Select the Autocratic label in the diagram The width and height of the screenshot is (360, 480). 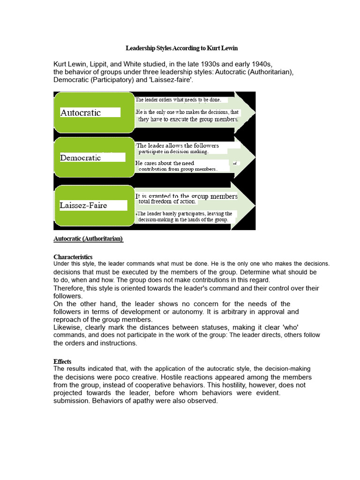pos(81,113)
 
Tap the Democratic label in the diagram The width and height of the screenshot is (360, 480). pos(81,157)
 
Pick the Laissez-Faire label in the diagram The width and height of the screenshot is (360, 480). pos(83,205)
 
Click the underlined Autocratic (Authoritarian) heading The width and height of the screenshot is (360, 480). pos(88,239)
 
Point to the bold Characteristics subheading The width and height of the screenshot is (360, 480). pos(73,257)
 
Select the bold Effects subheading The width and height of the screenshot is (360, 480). pos(62,362)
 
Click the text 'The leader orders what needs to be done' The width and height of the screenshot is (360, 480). pos(178,100)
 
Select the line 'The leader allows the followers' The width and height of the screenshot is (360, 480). pos(178,145)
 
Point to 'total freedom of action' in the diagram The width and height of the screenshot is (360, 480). pos(167,202)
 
